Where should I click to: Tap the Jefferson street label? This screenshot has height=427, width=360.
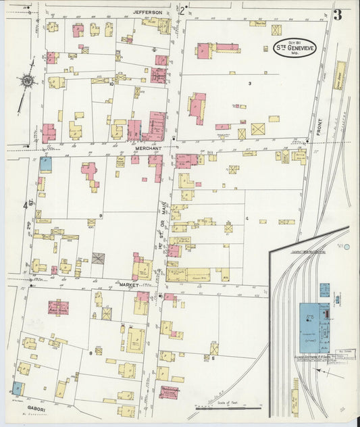149,11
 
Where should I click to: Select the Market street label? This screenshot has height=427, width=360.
128,285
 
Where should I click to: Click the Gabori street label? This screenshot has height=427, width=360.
20,407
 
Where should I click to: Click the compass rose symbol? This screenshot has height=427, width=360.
27,81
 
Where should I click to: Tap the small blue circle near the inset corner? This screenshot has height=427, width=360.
346,247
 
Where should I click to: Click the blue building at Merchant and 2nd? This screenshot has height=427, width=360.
46,163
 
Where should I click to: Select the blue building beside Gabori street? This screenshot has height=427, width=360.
17,388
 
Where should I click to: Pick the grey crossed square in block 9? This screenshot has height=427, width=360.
99,259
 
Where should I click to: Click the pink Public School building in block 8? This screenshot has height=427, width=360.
59,308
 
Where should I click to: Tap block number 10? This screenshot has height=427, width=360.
111,84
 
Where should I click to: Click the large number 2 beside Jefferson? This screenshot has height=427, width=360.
182,10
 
